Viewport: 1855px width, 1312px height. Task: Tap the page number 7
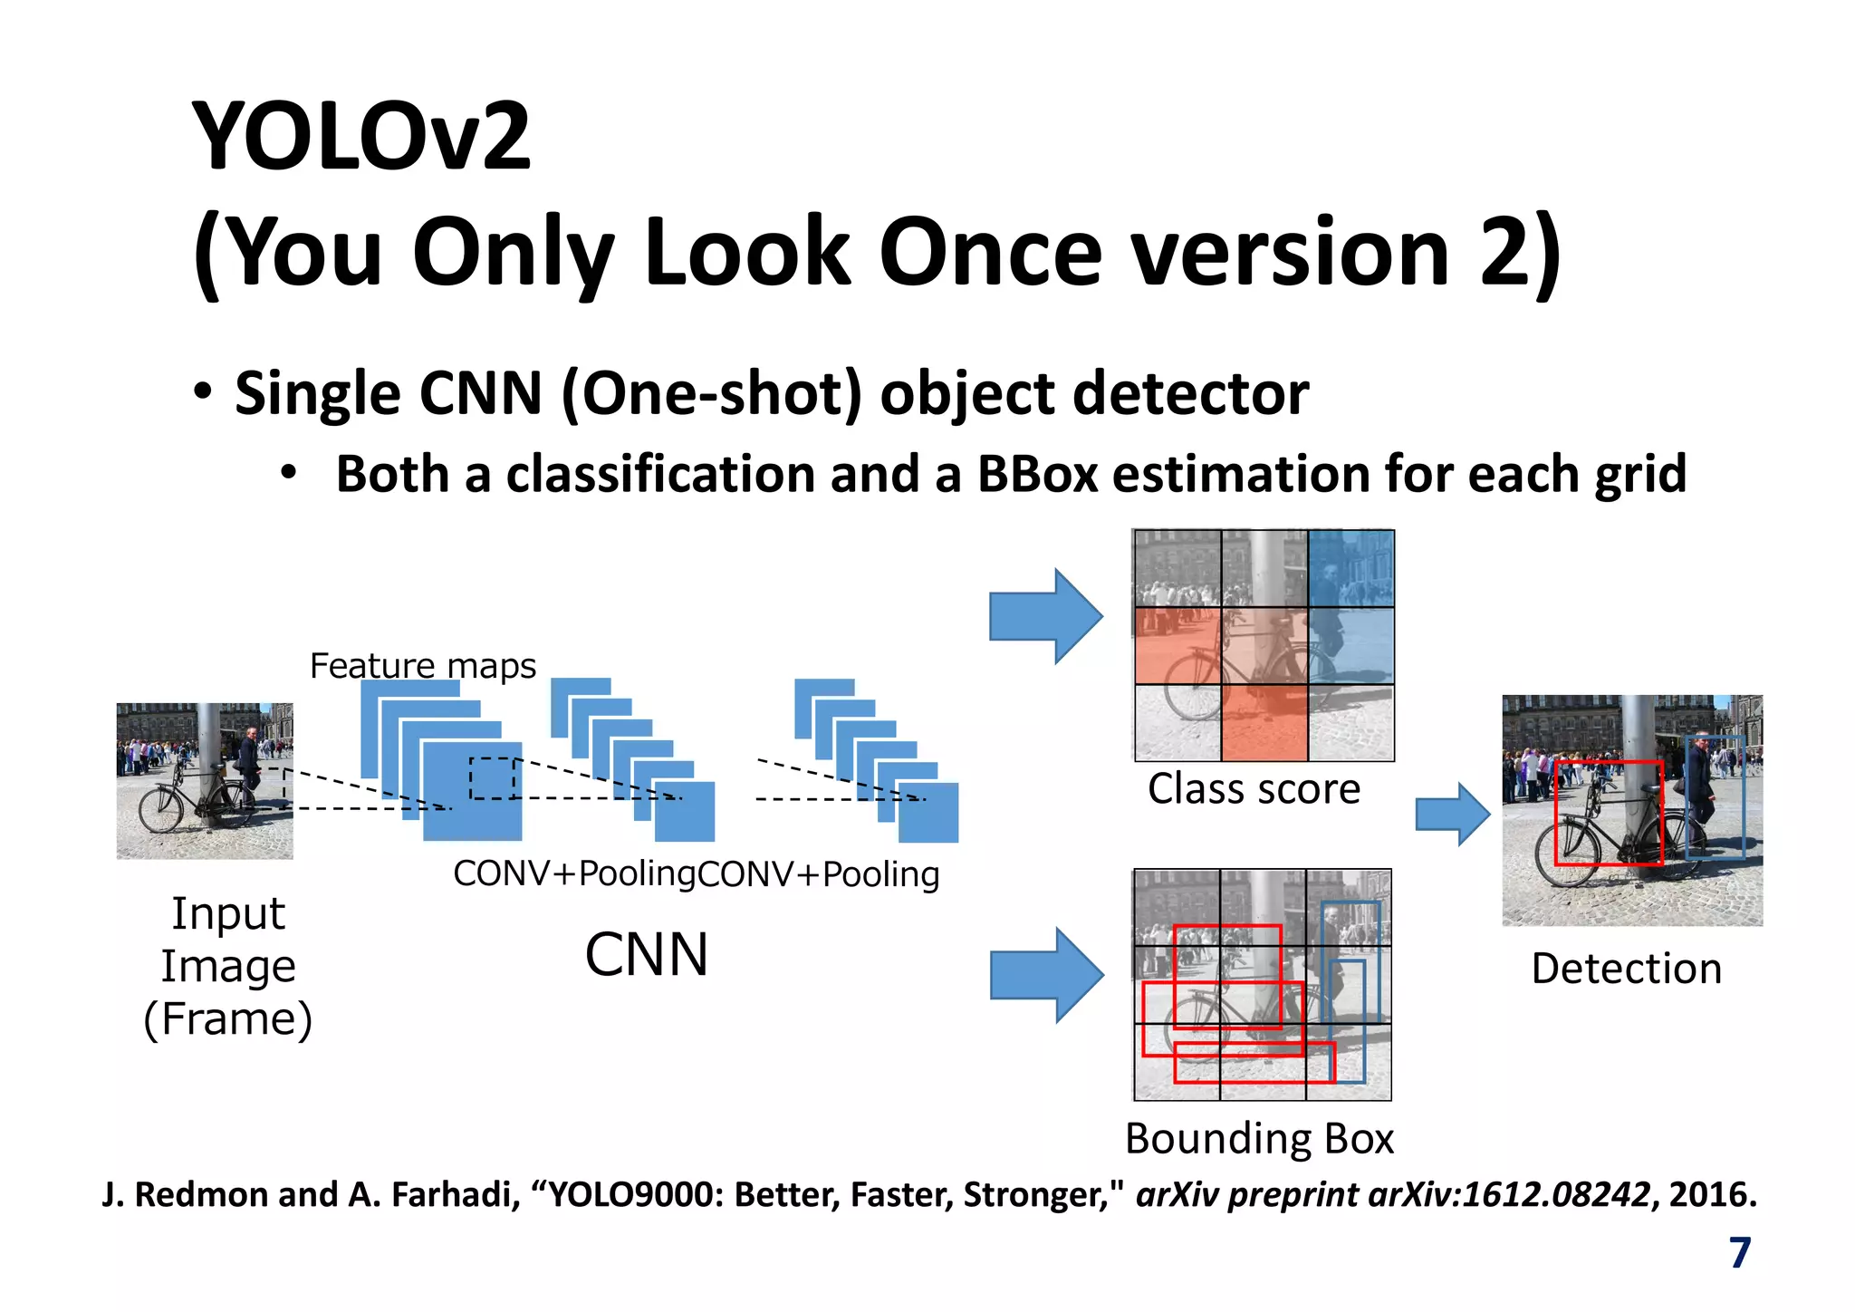click(1739, 1253)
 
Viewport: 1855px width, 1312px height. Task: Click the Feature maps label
click(422, 666)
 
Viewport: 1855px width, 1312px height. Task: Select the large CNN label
click(646, 955)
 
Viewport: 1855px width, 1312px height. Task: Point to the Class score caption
click(1254, 789)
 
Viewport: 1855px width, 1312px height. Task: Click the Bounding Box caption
click(1259, 1139)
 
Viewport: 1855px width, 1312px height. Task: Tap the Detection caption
click(1626, 969)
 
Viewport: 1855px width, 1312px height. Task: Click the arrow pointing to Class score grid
click(1045, 616)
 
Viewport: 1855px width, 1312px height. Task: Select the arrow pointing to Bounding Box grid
click(1046, 975)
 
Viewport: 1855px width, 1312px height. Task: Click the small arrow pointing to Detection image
click(1452, 815)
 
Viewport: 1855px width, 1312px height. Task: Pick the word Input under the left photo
click(228, 913)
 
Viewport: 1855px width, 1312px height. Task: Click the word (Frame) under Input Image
click(228, 1019)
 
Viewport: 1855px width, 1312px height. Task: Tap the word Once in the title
click(989, 252)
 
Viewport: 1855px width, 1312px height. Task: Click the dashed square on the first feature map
click(493, 778)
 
